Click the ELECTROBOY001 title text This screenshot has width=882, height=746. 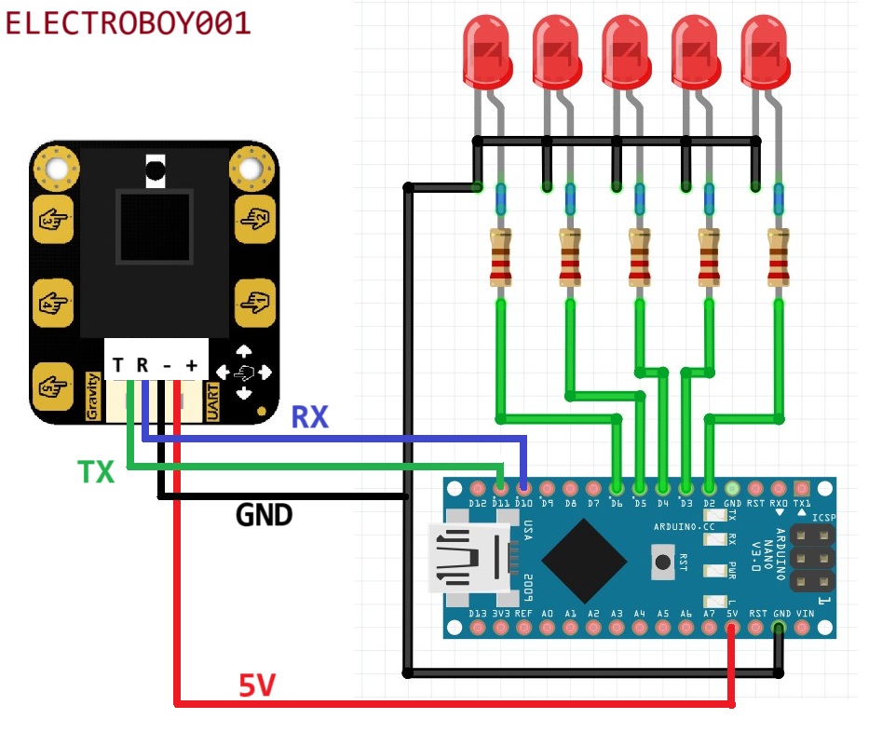point(128,23)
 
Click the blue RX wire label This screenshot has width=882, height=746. point(310,417)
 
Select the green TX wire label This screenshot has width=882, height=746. point(96,473)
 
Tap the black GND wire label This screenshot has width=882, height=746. point(265,514)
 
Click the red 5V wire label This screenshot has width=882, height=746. point(257,686)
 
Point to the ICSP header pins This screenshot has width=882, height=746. point(811,557)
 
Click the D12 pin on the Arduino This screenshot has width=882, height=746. point(478,487)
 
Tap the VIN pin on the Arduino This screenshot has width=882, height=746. point(802,629)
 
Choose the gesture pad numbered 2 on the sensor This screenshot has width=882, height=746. point(253,219)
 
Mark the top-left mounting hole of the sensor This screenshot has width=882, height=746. point(56,169)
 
